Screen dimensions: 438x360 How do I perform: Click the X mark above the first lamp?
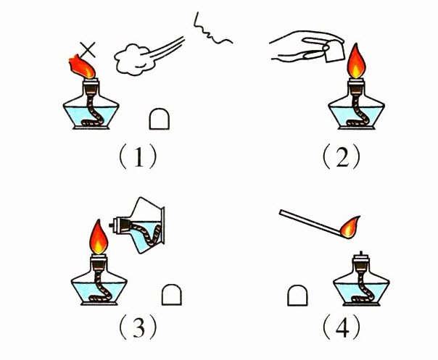[88, 50]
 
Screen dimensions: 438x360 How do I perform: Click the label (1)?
[138, 156]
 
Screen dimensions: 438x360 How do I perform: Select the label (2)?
[342, 156]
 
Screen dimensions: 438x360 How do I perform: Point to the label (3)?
[138, 327]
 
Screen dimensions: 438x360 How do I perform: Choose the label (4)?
[342, 327]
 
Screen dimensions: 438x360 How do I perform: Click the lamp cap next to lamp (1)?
[160, 119]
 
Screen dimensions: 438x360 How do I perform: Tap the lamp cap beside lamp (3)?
[172, 295]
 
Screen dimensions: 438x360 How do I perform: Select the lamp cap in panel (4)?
[297, 296]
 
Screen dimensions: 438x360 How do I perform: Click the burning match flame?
[350, 227]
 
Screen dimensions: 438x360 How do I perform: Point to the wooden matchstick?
[310, 222]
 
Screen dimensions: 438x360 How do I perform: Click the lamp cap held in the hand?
[334, 52]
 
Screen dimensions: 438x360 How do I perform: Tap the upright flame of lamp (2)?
[356, 61]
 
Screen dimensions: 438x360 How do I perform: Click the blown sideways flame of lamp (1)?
[82, 67]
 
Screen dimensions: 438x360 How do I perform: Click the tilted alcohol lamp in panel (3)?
[140, 225]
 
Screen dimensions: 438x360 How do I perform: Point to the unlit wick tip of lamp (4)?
[361, 253]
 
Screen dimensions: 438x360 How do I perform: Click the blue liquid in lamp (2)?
[356, 117]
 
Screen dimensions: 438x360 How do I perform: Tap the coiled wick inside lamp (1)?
[94, 112]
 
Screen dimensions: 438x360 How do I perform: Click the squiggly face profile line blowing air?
[212, 30]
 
